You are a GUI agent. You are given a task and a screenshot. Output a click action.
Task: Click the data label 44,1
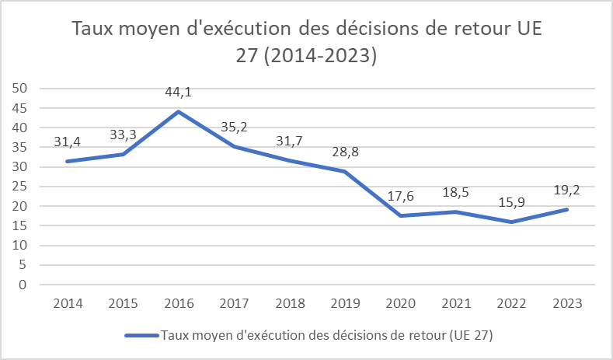click(x=178, y=93)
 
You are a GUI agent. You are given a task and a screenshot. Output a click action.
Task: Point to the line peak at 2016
click(x=178, y=112)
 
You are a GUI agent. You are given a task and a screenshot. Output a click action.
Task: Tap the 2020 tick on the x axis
click(x=402, y=303)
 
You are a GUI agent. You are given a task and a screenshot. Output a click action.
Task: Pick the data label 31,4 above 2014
click(x=67, y=142)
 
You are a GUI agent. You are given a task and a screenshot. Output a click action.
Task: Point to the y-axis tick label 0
click(x=23, y=285)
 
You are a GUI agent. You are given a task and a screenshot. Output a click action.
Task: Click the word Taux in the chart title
click(x=96, y=30)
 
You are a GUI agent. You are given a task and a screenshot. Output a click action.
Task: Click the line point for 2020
click(x=402, y=215)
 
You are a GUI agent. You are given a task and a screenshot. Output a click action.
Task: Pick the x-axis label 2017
click(x=234, y=303)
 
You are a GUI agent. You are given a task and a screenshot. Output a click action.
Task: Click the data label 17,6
click(x=402, y=196)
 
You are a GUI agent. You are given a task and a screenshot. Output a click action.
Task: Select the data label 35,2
click(x=234, y=127)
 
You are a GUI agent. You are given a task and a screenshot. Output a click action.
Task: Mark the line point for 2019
click(x=346, y=172)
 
